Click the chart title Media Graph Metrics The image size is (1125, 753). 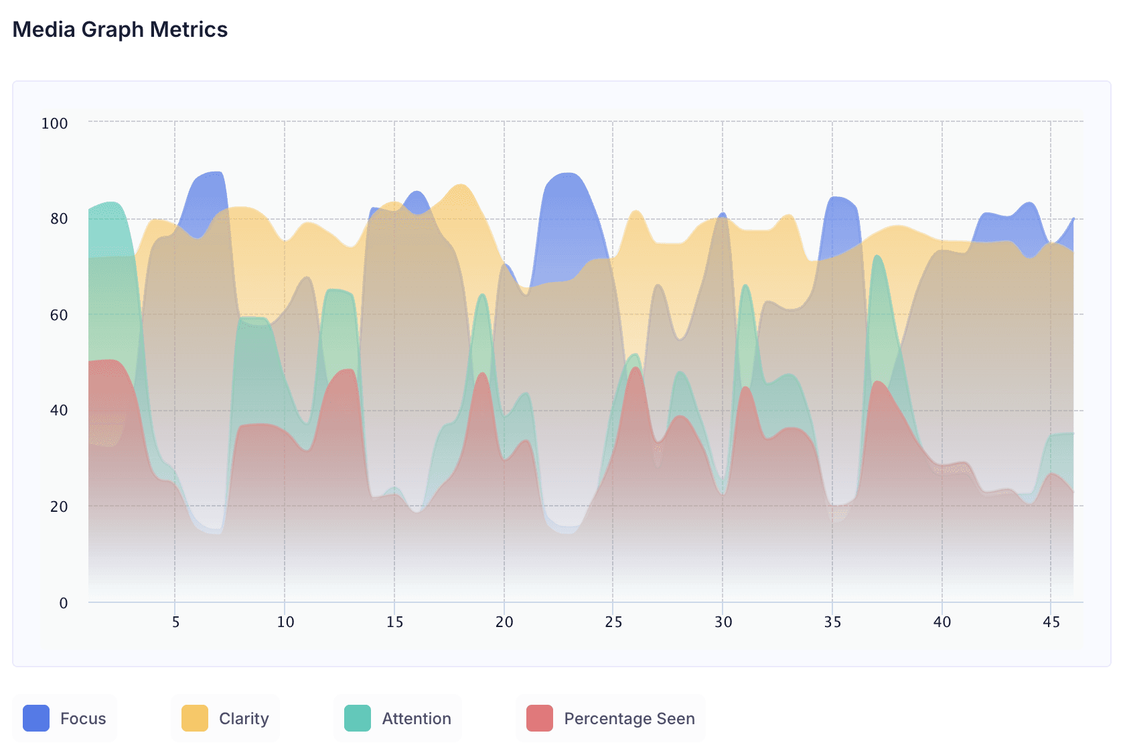[x=121, y=29]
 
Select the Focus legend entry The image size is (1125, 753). [x=65, y=718]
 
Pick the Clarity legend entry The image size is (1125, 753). [x=225, y=718]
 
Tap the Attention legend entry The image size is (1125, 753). [x=398, y=718]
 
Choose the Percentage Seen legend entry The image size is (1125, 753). [x=611, y=718]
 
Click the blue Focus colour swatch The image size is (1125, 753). [x=36, y=718]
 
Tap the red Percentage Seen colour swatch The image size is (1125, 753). [x=540, y=718]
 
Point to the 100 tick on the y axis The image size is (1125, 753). [x=54, y=123]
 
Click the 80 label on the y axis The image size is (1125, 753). [x=59, y=219]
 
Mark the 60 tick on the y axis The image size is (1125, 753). [x=59, y=315]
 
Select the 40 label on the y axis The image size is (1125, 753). [x=59, y=411]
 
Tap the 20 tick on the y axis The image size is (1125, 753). [x=59, y=506]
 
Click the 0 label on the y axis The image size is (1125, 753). [x=64, y=603]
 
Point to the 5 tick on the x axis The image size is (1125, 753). [x=175, y=622]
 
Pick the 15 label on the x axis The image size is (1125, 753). [x=394, y=622]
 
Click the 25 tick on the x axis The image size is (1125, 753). [x=613, y=622]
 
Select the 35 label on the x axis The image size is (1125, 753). [x=832, y=622]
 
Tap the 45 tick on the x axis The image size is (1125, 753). [x=1051, y=622]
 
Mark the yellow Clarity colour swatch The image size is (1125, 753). [x=195, y=718]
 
